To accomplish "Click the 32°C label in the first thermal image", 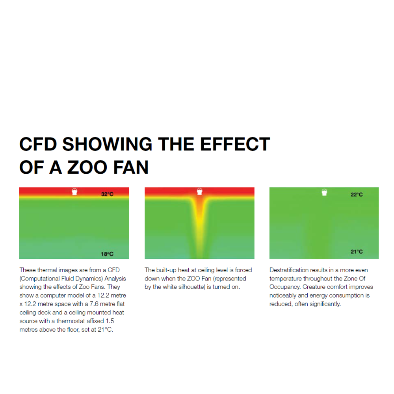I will [x=107, y=194].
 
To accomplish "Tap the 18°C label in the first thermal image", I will [x=107, y=254].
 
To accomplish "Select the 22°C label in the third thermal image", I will [x=357, y=195].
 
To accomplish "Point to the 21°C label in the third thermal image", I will [x=357, y=252].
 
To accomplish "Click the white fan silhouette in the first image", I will [x=74, y=192].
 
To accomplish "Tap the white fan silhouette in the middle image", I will [x=199, y=192].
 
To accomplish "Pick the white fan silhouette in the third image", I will [x=324, y=192].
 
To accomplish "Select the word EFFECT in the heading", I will [x=235, y=145].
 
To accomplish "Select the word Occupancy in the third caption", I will [x=283, y=287].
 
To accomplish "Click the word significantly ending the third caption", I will [x=324, y=304].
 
